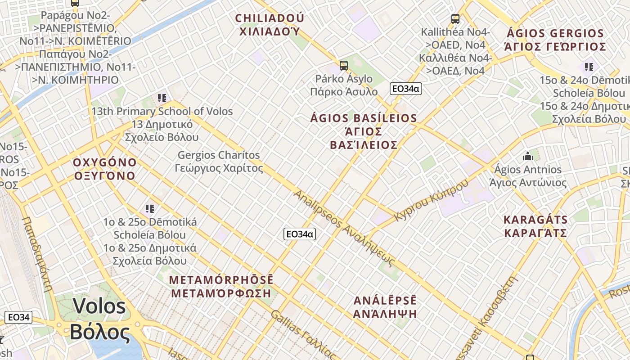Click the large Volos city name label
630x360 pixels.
(99, 319)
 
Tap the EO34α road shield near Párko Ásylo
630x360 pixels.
(405, 89)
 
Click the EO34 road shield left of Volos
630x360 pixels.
(18, 317)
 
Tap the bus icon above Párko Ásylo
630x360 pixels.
(344, 66)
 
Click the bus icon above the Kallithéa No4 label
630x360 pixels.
(455, 19)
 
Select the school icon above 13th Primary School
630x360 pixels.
(162, 98)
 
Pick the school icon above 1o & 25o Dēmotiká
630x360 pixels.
(150, 209)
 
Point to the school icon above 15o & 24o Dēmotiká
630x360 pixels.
(589, 67)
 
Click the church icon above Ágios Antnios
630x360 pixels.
(528, 157)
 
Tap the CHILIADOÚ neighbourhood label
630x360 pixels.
(270, 25)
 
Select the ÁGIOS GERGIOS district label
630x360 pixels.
(555, 40)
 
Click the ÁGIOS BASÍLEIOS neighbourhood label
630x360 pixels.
(364, 131)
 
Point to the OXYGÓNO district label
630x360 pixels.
(104, 169)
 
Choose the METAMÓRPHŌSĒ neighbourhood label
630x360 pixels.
(221, 287)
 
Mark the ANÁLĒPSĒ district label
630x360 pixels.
(385, 307)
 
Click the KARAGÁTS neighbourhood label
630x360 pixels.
(535, 226)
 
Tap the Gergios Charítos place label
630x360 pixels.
(219, 162)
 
